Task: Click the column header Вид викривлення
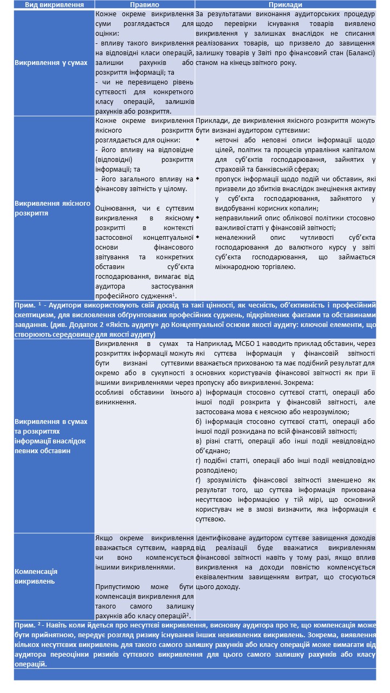(x=54, y=4)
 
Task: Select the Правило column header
(x=145, y=4)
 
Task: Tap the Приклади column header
(x=285, y=4)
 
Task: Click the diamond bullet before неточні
(x=198, y=140)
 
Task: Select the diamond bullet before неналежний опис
(x=198, y=237)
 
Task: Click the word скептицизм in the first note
(x=37, y=315)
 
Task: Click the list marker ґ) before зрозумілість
(x=199, y=480)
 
